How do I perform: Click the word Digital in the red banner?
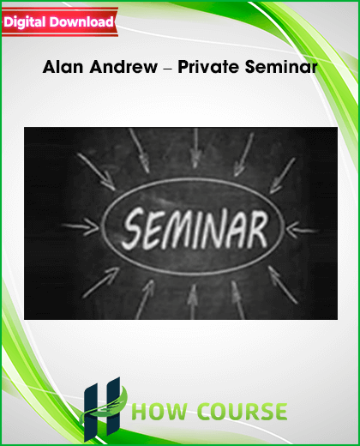25,22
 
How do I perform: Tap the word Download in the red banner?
81,21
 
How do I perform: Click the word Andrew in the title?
123,67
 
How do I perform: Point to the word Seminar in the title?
281,67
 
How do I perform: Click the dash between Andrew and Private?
168,69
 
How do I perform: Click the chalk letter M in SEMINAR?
178,230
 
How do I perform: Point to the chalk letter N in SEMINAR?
213,230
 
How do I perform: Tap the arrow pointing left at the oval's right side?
302,230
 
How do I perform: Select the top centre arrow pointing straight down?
195,148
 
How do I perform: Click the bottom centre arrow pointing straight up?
193,302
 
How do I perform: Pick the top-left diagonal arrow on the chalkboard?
97,172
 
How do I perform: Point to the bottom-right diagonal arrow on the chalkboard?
282,285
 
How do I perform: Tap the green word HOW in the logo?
160,412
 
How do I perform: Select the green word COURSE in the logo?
243,412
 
